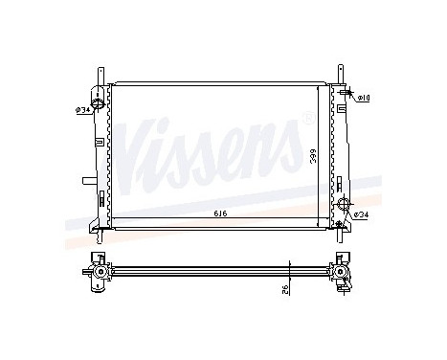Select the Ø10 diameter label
coord(364,98)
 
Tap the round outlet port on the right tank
coord(344,213)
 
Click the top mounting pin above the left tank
coord(99,74)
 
